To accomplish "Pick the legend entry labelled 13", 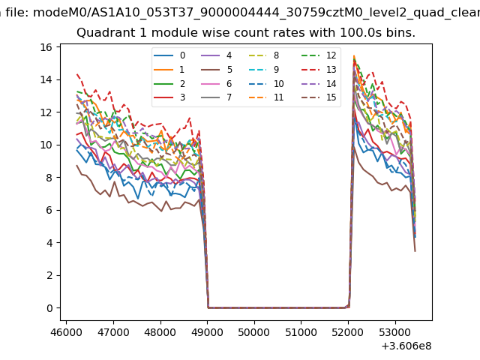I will click(x=321, y=70).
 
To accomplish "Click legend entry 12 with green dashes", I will click(x=321, y=55).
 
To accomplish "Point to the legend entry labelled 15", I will click(x=321, y=97).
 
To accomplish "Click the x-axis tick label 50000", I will click(x=254, y=330).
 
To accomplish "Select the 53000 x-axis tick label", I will click(x=395, y=330).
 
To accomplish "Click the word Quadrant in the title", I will click(x=103, y=34).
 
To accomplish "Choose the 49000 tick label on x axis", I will click(x=207, y=330).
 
